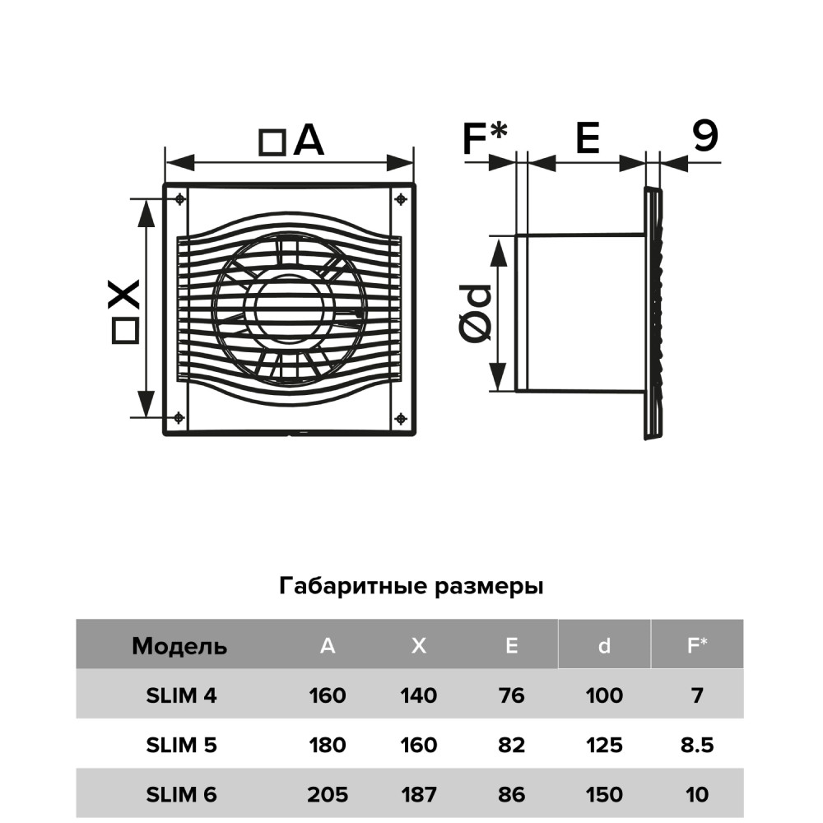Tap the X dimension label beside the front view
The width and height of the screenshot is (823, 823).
tap(123, 309)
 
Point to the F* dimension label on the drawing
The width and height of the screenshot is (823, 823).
tap(485, 138)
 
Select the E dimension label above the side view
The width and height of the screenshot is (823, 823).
tap(587, 138)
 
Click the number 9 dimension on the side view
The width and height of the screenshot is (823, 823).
tap(704, 137)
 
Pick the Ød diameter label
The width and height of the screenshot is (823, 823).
tap(475, 314)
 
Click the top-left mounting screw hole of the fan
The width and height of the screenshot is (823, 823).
tap(179, 198)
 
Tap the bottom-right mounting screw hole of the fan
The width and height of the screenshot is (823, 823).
tap(400, 418)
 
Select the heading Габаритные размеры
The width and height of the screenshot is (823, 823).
tap(411, 587)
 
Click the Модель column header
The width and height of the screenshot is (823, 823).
tap(179, 646)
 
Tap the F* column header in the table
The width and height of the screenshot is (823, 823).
tap(697, 646)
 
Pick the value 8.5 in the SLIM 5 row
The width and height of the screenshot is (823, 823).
tap(697, 746)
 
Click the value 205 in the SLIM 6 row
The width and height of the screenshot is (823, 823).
tap(328, 795)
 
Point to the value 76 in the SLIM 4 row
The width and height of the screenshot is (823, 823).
tap(512, 695)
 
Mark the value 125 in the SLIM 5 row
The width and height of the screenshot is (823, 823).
tap(605, 746)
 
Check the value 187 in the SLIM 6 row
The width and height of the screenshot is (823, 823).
tap(419, 795)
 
